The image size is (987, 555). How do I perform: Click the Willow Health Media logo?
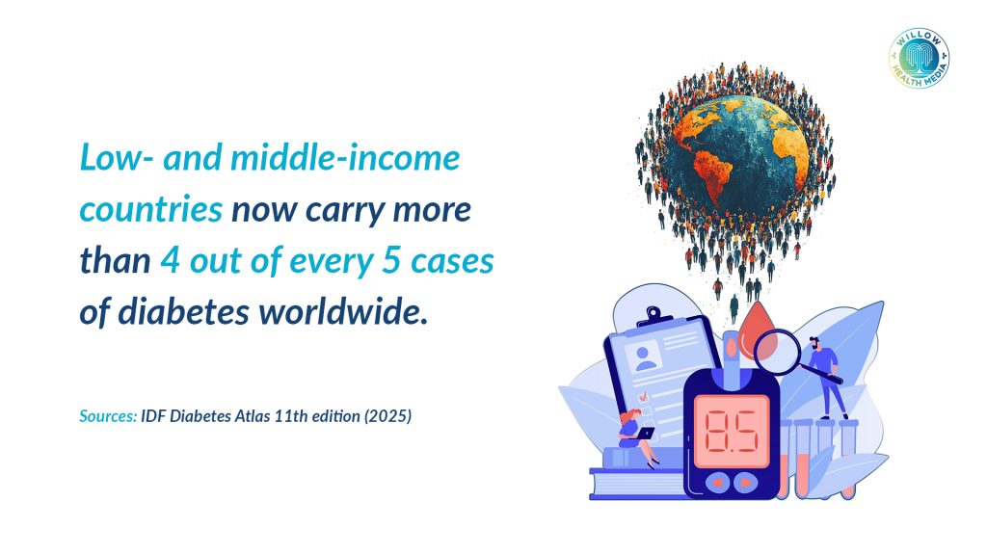[919, 58]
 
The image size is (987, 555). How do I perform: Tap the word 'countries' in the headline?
[151, 210]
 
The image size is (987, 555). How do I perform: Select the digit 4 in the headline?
[170, 260]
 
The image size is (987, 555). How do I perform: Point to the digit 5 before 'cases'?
[391, 260]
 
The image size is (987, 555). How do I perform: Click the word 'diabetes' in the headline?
[184, 311]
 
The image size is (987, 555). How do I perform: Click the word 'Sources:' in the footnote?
[108, 416]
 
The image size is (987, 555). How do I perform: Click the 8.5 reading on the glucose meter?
[732, 432]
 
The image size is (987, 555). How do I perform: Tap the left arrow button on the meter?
[717, 483]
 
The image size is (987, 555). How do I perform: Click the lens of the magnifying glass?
[777, 353]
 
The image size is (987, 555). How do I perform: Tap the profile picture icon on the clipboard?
[645, 358]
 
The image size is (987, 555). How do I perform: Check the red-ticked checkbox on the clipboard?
[643, 396]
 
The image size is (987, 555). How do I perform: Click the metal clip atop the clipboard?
[655, 316]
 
